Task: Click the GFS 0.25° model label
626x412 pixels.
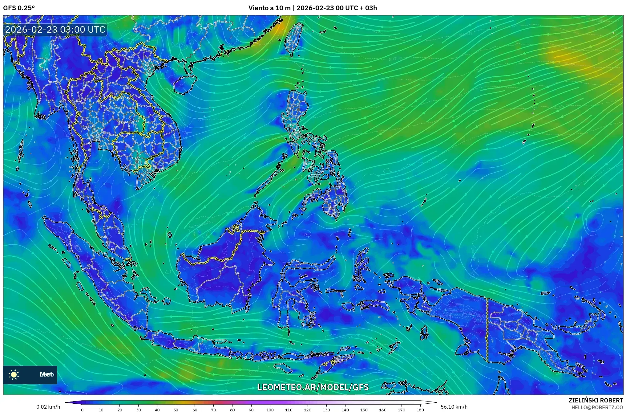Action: tap(19, 8)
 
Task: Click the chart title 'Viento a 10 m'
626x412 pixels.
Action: tap(269, 8)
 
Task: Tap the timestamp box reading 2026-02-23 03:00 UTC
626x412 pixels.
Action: tap(55, 30)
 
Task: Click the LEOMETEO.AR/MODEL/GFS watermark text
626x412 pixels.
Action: tap(313, 387)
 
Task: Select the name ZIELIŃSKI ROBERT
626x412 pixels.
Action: tap(596, 400)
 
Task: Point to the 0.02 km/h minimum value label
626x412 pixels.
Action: tap(48, 407)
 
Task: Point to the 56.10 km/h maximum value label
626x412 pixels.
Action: tap(454, 407)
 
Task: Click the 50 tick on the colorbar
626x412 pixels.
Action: tap(176, 410)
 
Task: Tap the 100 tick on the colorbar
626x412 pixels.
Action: tap(270, 410)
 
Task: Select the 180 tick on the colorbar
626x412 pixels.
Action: tap(420, 410)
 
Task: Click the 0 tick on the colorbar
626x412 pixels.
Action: tap(82, 410)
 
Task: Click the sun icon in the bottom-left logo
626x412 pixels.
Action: tap(14, 375)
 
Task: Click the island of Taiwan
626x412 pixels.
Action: tap(293, 39)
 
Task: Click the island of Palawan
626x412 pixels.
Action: tap(268, 180)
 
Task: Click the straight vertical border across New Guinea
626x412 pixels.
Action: tap(487, 330)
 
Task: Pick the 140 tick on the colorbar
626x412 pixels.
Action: tap(345, 410)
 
